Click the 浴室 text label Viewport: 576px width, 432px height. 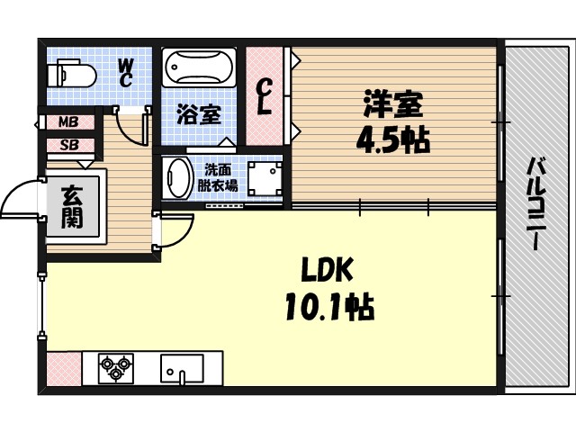point(199,114)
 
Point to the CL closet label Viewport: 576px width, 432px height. point(265,96)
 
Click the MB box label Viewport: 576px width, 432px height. point(68,121)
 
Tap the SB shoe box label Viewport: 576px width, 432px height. point(68,143)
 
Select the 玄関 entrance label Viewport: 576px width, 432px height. point(74,204)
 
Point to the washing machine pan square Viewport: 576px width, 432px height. point(265,180)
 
